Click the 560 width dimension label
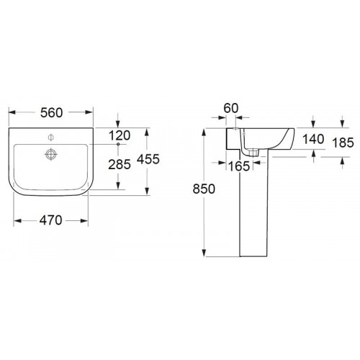click(x=51, y=113)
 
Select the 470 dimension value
click(x=50, y=220)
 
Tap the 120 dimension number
click(x=120, y=135)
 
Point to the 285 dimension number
click(x=120, y=165)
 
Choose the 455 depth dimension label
click(x=148, y=159)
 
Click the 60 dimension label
click(x=231, y=108)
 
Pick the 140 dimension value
click(x=313, y=139)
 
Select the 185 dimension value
click(x=343, y=143)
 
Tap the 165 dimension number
click(x=239, y=166)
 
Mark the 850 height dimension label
click(x=204, y=189)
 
